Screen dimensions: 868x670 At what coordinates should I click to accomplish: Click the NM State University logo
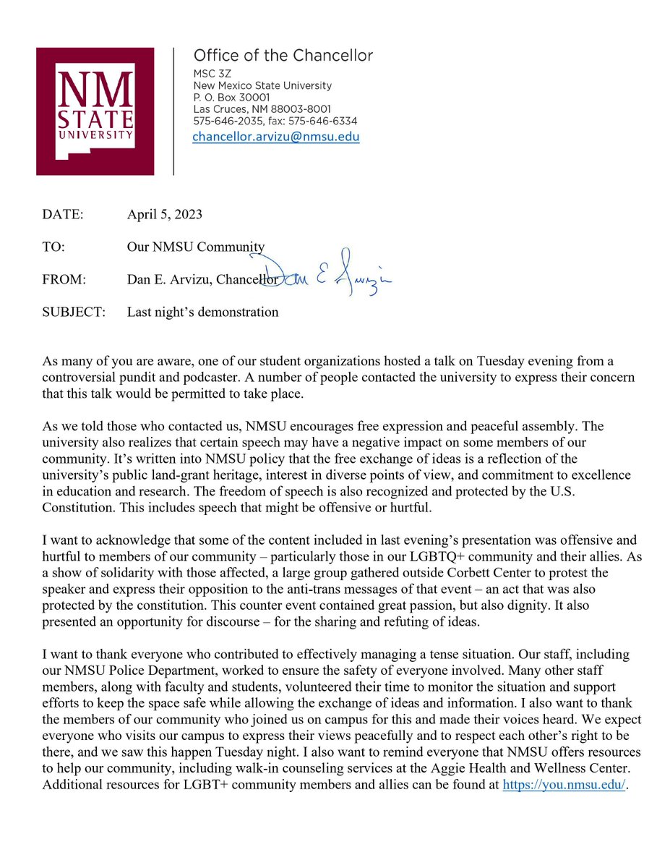pos(95,111)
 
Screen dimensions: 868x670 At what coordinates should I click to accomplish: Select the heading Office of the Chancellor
pos(283,56)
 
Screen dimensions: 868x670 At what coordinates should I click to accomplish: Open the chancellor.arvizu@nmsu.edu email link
pos(275,137)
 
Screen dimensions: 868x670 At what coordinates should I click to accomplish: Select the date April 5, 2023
pos(165,215)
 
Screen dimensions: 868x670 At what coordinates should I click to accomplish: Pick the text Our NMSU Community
pos(196,247)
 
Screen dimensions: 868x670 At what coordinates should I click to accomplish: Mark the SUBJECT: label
pos(74,312)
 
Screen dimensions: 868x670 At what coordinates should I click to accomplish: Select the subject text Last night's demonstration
pos(202,312)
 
